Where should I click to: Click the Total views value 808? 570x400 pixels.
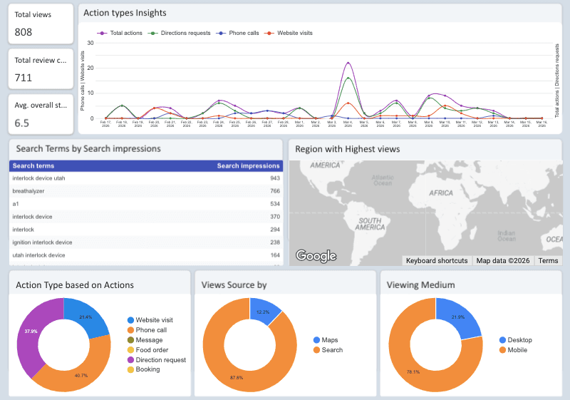click(x=24, y=32)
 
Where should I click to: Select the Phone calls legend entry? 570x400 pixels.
click(x=242, y=33)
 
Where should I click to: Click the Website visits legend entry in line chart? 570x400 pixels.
click(x=294, y=33)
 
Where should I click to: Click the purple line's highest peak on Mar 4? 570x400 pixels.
click(x=348, y=63)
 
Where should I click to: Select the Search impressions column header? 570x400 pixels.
click(x=248, y=165)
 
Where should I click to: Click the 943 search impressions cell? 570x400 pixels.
click(x=274, y=178)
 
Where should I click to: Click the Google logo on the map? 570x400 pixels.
click(x=316, y=256)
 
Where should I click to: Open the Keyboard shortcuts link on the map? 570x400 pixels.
click(x=437, y=261)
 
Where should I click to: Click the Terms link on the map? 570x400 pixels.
click(x=548, y=261)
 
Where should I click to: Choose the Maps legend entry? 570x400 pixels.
click(x=330, y=340)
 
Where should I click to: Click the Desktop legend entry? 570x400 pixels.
click(x=519, y=340)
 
